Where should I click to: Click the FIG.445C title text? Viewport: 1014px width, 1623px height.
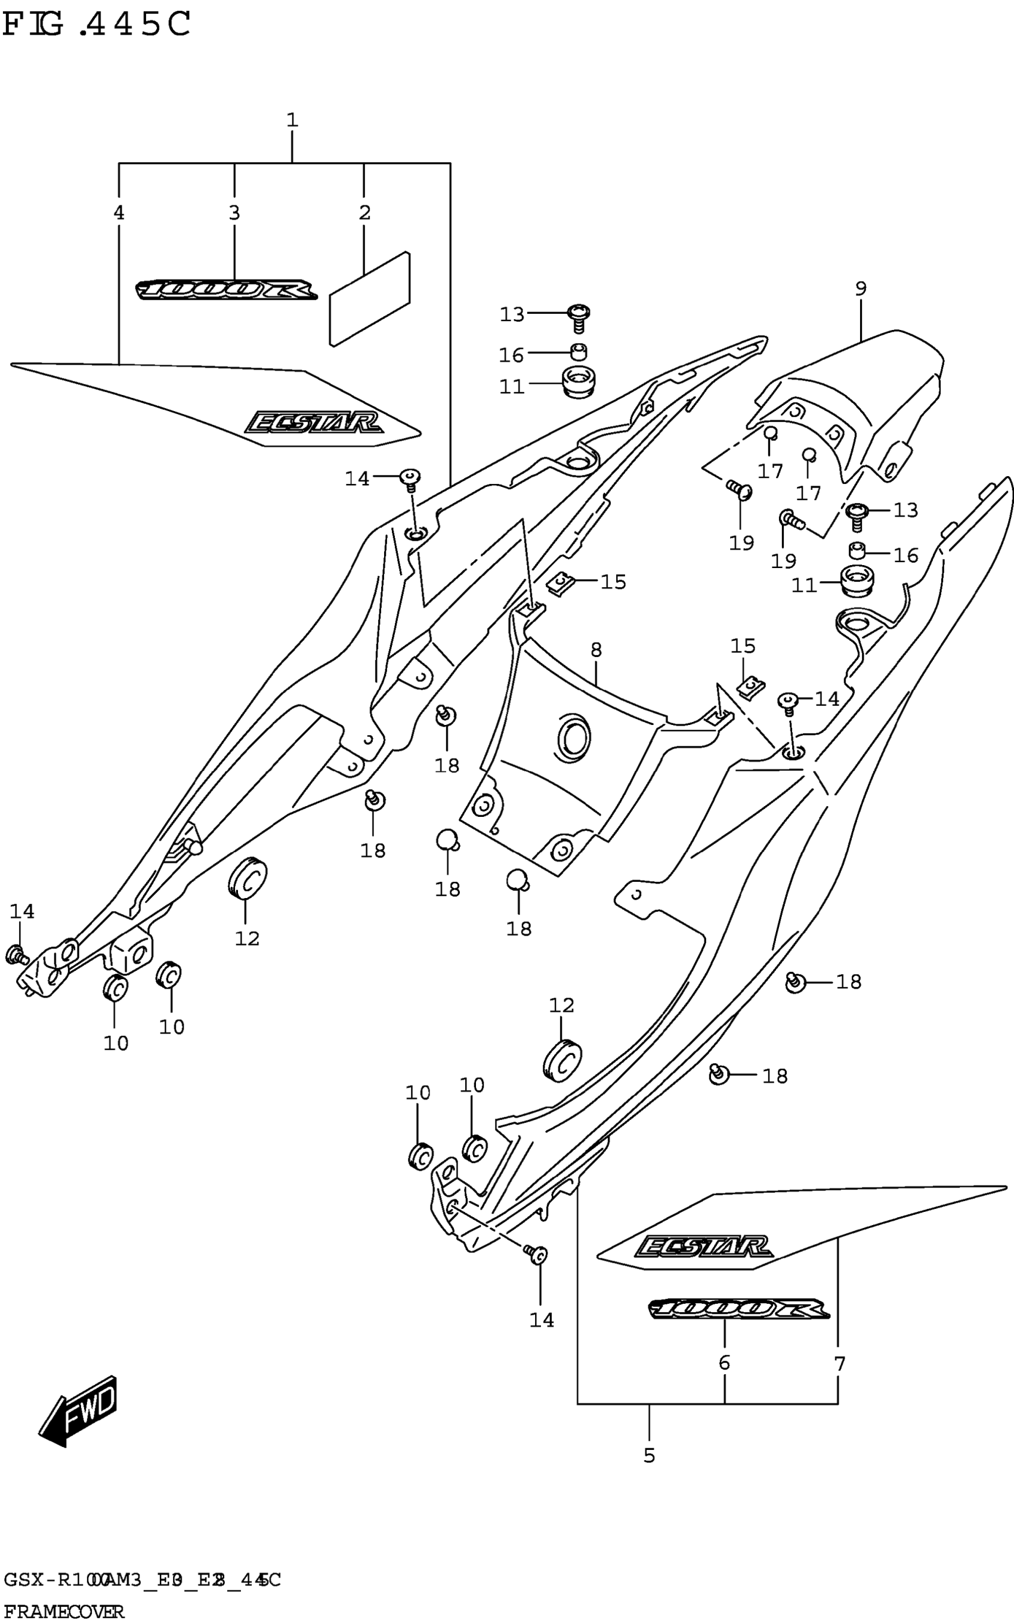pos(97,25)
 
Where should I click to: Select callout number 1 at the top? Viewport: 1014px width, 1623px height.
pos(292,121)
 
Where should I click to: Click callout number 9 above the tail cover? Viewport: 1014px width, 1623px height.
pos(861,289)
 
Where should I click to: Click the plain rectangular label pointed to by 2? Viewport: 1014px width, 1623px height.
pos(370,298)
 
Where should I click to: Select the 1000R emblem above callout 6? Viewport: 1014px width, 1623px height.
pos(738,1309)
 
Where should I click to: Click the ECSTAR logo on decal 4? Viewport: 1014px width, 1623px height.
pos(313,422)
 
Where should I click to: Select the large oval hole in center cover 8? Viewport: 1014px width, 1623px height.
pos(573,738)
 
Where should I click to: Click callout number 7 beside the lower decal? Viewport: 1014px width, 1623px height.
pos(840,1363)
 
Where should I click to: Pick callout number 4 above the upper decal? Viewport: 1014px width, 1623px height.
pos(119,213)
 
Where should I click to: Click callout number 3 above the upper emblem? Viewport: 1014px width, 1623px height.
pos(234,213)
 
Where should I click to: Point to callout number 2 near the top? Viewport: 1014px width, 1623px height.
pos(364,213)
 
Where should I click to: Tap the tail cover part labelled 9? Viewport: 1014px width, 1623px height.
pos(865,396)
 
